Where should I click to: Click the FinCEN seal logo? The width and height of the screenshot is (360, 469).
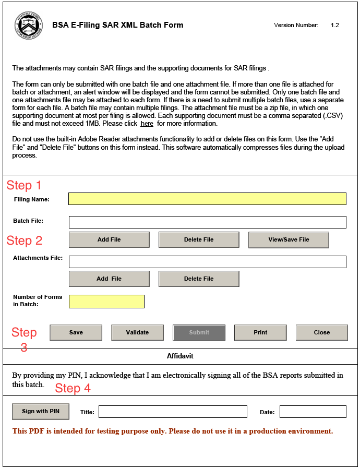[29, 25]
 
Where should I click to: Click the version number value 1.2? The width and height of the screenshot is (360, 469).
[334, 25]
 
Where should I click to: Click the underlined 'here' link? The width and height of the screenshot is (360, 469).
[147, 124]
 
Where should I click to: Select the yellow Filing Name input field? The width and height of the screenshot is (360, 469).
[207, 199]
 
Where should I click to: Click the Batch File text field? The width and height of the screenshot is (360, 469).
[207, 222]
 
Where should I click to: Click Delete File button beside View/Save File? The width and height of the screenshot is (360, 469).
[199, 239]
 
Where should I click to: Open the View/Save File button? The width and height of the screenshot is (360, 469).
[289, 239]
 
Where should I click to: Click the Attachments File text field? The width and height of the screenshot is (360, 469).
[207, 262]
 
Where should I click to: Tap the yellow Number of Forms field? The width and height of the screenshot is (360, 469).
[106, 302]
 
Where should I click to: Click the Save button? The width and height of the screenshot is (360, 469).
[76, 332]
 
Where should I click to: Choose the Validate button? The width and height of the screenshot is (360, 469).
[137, 332]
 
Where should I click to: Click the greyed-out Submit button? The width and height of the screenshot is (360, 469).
[199, 332]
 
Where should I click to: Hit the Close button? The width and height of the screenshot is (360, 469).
[321, 332]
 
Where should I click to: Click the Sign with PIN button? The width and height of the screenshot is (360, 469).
[41, 411]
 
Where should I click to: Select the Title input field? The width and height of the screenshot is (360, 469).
[173, 412]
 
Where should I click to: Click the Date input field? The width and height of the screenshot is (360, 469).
[313, 412]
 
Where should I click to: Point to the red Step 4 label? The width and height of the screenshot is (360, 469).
[73, 388]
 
